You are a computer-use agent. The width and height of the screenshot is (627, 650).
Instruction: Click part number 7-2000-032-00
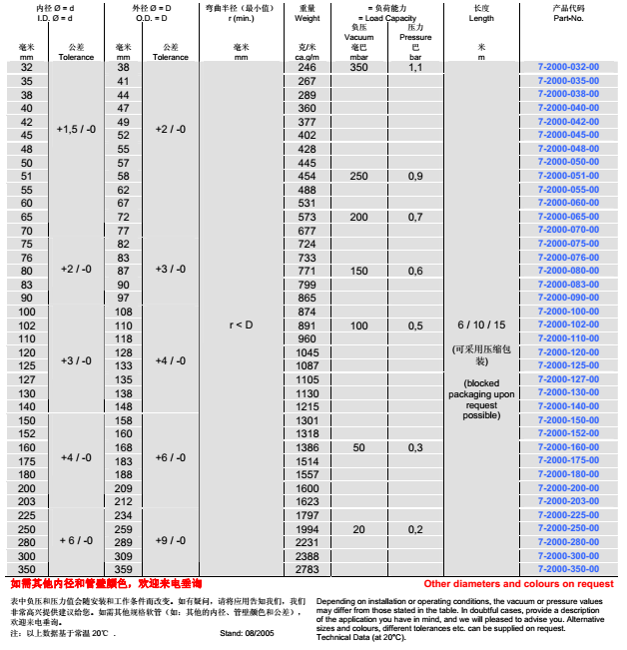(x=568, y=67)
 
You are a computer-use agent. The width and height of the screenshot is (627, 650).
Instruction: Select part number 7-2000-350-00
(x=568, y=568)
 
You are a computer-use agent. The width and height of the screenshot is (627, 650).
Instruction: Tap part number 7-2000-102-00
(x=568, y=325)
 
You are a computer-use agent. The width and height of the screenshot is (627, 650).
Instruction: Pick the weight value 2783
(x=308, y=568)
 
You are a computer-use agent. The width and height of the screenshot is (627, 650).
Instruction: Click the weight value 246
(x=308, y=67)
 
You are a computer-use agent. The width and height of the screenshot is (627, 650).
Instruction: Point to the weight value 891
(x=308, y=325)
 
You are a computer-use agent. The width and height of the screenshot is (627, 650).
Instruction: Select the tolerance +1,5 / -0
(x=77, y=129)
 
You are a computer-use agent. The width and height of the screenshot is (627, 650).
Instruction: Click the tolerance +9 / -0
(x=170, y=540)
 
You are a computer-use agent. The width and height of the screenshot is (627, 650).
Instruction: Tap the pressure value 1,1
(x=415, y=67)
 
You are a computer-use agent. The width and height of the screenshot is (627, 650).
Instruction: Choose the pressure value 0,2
(x=415, y=528)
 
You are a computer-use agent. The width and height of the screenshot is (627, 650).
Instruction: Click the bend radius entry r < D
(x=241, y=325)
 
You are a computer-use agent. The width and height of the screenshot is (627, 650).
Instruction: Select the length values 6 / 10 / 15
(x=482, y=325)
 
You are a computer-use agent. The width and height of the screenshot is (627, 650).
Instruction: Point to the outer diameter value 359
(x=124, y=568)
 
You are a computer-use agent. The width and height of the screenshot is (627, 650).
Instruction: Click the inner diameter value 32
(x=27, y=67)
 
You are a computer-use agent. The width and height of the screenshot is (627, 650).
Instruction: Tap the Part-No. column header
(x=567, y=17)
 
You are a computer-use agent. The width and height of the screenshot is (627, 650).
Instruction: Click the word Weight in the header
(x=308, y=17)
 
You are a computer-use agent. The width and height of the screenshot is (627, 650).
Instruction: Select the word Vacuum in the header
(x=360, y=36)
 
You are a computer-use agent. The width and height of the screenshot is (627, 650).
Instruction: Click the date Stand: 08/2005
(x=247, y=633)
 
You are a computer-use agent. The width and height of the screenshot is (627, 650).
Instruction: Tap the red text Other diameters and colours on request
(x=518, y=583)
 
